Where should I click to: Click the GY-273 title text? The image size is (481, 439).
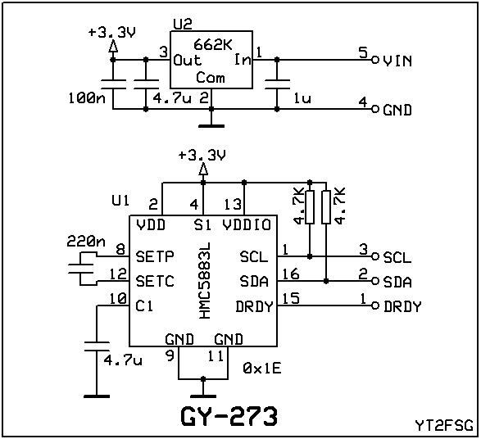click(x=229, y=416)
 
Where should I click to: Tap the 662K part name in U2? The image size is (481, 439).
click(x=213, y=45)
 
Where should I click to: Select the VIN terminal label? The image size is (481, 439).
click(x=397, y=61)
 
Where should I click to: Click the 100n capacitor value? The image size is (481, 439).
click(x=87, y=98)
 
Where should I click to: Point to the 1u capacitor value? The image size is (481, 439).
click(x=302, y=98)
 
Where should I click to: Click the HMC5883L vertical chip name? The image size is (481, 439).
click(x=205, y=280)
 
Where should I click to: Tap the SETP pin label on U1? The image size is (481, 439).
click(x=155, y=256)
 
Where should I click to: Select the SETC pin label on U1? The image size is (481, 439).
click(x=155, y=281)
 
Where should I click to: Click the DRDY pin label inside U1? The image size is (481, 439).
click(x=254, y=306)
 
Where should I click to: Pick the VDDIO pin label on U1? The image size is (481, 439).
click(x=247, y=225)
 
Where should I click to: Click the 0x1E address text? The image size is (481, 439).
click(x=262, y=369)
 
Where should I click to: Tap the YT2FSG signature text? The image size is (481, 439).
click(x=444, y=425)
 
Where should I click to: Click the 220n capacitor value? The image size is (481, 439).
click(x=86, y=242)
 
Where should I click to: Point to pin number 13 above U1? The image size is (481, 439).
click(x=233, y=205)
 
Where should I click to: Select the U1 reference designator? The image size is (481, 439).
click(x=120, y=201)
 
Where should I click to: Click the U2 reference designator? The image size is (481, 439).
click(x=183, y=25)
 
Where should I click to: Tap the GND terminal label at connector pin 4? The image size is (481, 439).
click(x=397, y=111)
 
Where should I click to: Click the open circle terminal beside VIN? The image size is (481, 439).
click(x=374, y=60)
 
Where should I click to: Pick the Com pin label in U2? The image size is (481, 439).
click(x=211, y=78)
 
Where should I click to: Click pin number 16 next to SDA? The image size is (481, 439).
click(x=291, y=274)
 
